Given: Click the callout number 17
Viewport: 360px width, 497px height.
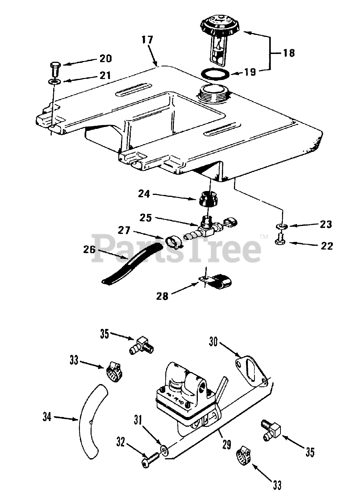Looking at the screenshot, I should (x=147, y=40).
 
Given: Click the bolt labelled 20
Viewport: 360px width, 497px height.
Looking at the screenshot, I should (x=54, y=68).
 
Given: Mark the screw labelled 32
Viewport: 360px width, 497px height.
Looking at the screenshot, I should (x=149, y=461).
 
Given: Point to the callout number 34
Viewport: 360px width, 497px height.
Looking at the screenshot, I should (x=47, y=417).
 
